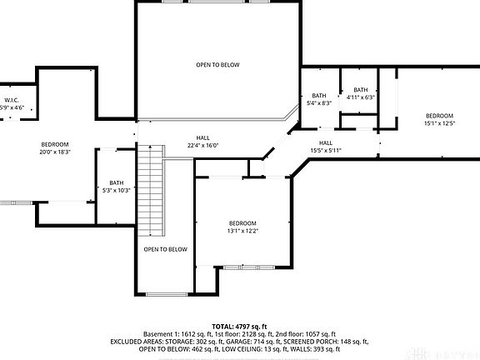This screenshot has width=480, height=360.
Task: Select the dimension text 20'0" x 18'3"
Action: click(55, 152)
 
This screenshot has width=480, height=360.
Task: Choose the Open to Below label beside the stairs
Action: click(165, 249)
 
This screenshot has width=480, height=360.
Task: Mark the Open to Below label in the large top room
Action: click(218, 64)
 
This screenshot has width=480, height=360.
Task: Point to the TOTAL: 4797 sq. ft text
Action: click(239, 326)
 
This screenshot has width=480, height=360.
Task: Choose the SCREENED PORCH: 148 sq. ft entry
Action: click(327, 341)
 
